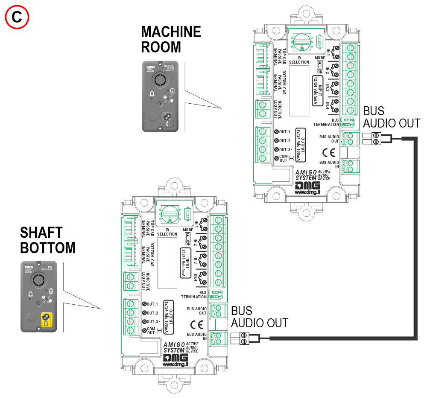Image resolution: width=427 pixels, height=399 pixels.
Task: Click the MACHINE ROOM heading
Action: (x=170, y=39)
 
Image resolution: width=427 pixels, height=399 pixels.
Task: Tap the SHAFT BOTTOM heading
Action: (x=47, y=240)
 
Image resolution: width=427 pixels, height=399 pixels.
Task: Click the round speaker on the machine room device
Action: (x=161, y=79)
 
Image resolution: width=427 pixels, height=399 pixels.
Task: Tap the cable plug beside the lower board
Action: (x=240, y=339)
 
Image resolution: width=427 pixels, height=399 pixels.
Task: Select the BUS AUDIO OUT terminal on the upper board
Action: (x=351, y=138)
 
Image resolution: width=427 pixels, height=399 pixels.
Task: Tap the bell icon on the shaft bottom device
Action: (x=30, y=294)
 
